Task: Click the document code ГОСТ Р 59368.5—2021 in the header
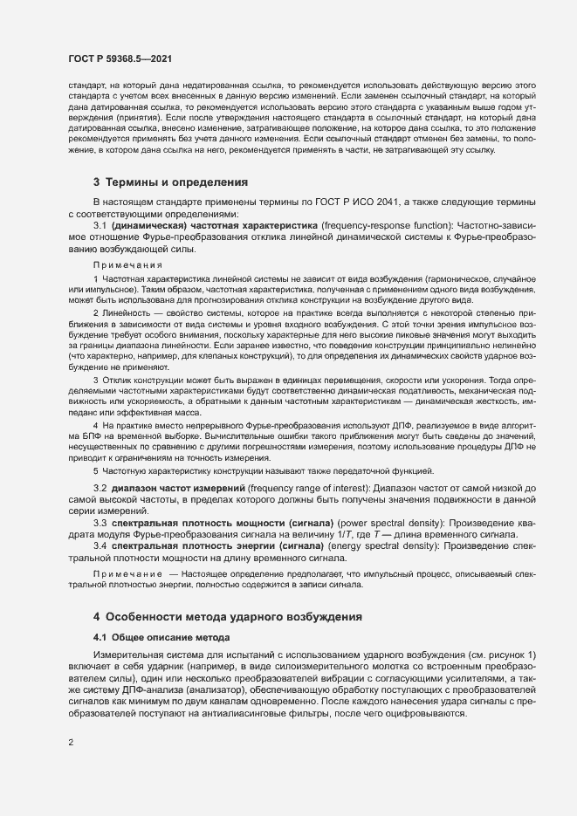[119, 58]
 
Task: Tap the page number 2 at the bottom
[71, 742]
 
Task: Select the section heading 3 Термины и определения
[170, 208]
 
